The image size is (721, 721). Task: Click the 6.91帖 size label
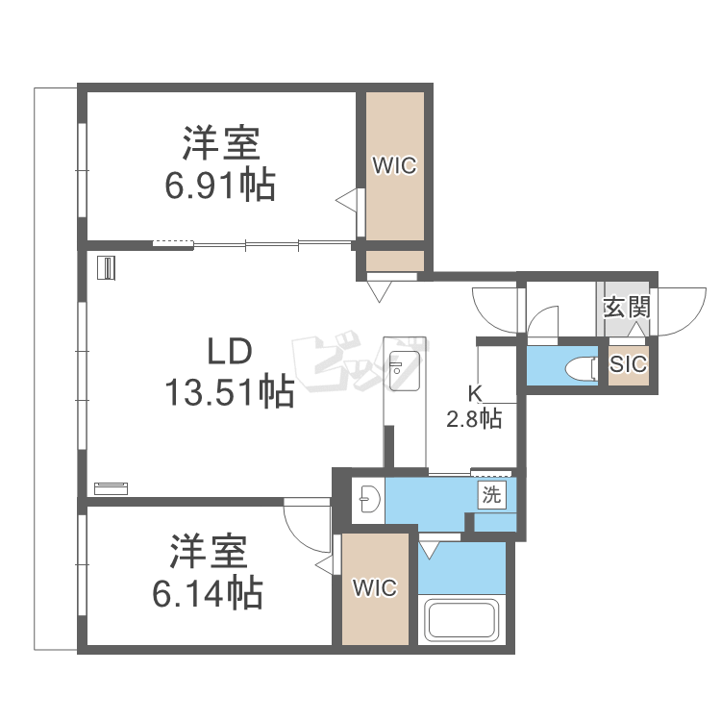click(220, 186)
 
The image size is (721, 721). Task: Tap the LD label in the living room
click(230, 351)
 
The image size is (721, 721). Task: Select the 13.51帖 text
click(230, 392)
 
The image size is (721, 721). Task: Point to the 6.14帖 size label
click(208, 593)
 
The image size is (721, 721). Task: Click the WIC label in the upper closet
click(394, 165)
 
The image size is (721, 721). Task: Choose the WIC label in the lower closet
click(375, 588)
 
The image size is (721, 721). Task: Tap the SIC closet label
click(628, 364)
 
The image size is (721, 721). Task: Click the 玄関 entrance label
click(627, 308)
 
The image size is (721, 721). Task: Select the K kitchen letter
click(475, 394)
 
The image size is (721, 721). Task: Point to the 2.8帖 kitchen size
click(474, 419)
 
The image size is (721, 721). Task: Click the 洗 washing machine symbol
click(491, 495)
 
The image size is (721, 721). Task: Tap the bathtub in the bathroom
click(461, 621)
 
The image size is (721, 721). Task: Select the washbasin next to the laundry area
click(370, 499)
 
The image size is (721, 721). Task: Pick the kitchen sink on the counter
click(404, 371)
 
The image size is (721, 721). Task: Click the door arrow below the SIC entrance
click(636, 330)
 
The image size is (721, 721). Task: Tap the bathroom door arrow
click(429, 551)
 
